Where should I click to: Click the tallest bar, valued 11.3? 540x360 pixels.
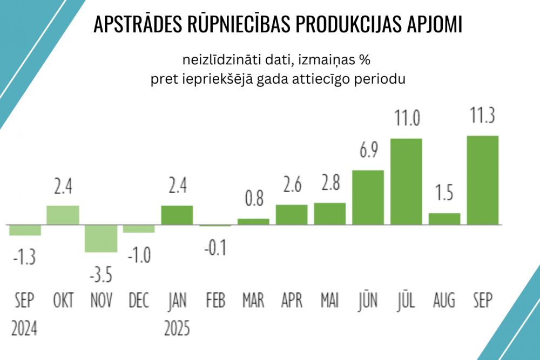[x=482, y=180]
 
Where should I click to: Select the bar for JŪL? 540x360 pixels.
[x=406, y=181]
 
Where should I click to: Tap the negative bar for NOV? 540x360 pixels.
[x=101, y=238]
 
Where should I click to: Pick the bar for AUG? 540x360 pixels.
[x=444, y=219]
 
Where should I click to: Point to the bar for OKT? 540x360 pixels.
[x=63, y=215]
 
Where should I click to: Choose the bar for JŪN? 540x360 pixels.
[x=368, y=197]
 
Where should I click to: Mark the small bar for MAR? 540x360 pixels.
[x=253, y=221]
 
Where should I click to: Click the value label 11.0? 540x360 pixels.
[x=406, y=118]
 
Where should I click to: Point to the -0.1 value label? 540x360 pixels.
[x=215, y=248]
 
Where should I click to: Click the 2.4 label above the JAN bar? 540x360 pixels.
[x=177, y=186]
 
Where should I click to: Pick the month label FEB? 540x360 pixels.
[x=215, y=300]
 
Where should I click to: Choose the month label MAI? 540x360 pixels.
[x=329, y=300]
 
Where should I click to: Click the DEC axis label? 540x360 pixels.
[x=139, y=300]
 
